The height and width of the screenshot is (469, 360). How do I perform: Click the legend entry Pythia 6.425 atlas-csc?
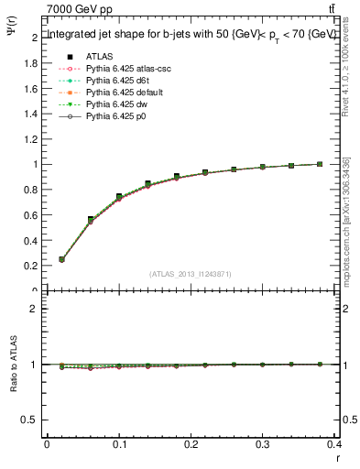tap(124, 69)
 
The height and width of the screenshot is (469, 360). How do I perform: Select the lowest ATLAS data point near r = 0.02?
tap(61, 259)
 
